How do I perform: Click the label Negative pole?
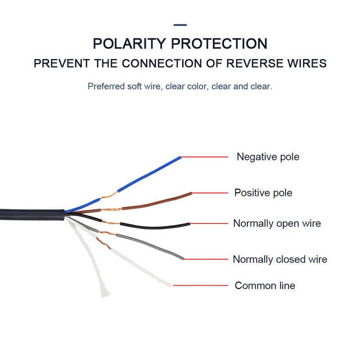268,157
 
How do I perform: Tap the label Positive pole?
263,193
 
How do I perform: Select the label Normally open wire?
277,223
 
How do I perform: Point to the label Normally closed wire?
280,259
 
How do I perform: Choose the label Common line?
264,286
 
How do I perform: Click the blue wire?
149,175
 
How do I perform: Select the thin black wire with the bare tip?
152,227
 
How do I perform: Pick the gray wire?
152,246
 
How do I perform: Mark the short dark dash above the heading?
180,25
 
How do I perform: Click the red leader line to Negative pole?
204,157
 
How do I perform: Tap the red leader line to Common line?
200,286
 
